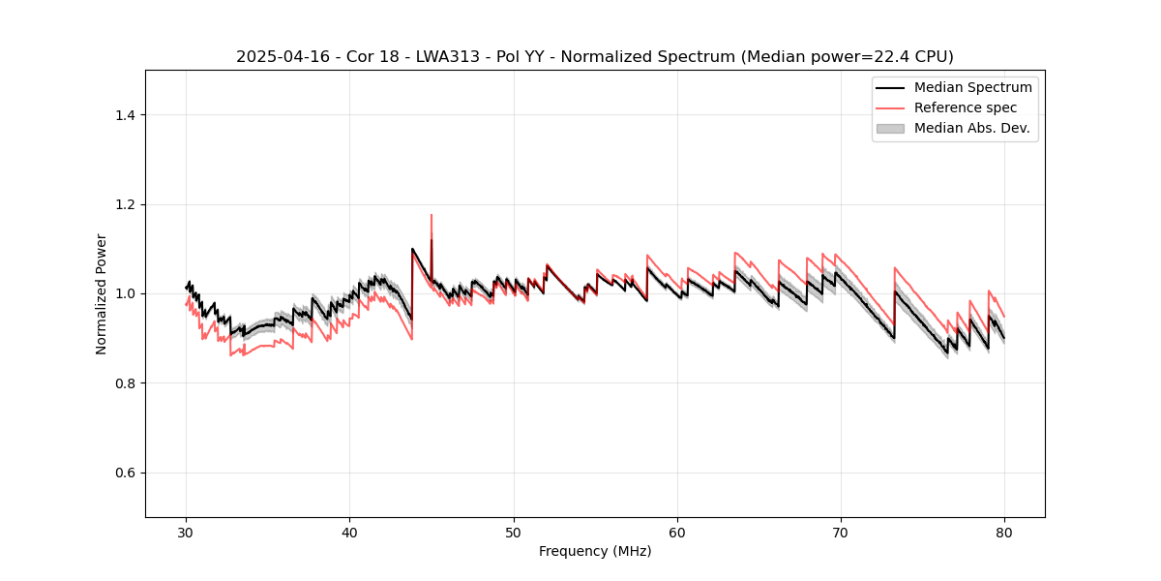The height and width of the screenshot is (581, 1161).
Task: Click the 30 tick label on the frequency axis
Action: click(x=186, y=532)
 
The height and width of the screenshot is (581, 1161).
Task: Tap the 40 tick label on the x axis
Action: click(x=349, y=532)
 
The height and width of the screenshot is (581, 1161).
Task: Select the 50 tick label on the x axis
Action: click(x=514, y=532)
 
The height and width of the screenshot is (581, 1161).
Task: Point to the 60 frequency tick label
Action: click(x=677, y=532)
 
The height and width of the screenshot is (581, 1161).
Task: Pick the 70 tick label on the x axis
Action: click(x=841, y=532)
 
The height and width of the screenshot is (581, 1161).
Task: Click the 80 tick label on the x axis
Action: click(x=1004, y=532)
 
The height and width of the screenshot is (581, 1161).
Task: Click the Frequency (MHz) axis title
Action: click(x=595, y=551)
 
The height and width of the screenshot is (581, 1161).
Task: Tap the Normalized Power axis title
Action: click(x=102, y=293)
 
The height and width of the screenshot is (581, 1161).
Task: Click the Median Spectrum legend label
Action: click(x=972, y=87)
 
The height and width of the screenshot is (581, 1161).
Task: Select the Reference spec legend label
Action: click(x=966, y=107)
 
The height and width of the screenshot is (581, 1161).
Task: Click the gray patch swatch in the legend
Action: click(x=890, y=128)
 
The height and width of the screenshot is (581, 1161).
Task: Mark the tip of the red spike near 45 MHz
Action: click(x=432, y=215)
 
